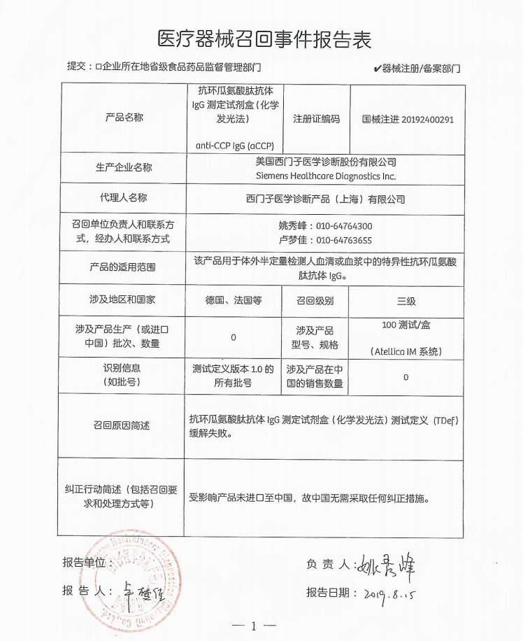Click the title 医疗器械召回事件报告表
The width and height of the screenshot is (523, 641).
(x=261, y=36)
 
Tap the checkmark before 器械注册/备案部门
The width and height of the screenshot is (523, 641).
(x=377, y=69)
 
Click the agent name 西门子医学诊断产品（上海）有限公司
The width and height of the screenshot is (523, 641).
(x=325, y=199)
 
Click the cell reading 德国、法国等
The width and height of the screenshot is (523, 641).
(x=233, y=300)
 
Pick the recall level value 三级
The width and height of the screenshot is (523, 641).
(x=406, y=301)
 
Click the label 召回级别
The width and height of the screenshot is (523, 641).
(x=315, y=300)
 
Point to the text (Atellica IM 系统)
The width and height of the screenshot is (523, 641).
(x=406, y=351)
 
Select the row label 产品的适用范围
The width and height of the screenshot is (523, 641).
(x=123, y=267)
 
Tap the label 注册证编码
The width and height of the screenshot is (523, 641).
(x=316, y=120)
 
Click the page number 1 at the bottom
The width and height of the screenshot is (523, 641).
(x=254, y=626)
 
